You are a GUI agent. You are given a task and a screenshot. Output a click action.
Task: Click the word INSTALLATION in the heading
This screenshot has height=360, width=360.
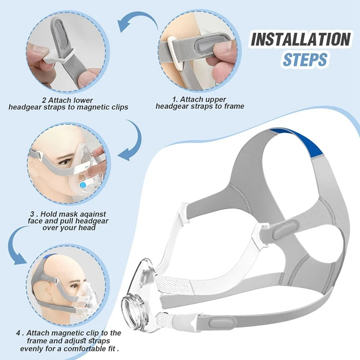coord(300,40)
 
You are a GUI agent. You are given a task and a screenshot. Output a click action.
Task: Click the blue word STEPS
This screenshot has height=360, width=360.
coord(305,60)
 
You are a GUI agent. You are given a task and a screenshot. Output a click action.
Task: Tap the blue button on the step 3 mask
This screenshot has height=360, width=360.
coord(83,185)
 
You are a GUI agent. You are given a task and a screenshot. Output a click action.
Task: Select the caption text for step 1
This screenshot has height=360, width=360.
coord(200,103)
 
